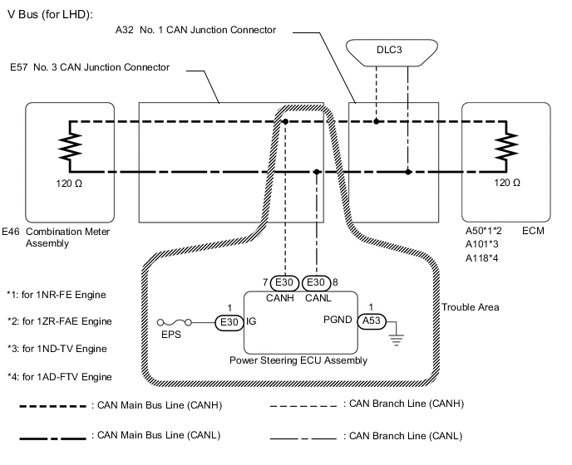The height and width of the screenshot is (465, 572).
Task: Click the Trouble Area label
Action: [x=470, y=307]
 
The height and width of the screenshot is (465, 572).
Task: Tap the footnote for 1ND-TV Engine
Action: [x=56, y=349]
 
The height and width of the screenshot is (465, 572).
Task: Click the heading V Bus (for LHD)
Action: [x=50, y=14]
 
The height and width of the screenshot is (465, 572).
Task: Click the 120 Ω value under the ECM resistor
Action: [x=507, y=181]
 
